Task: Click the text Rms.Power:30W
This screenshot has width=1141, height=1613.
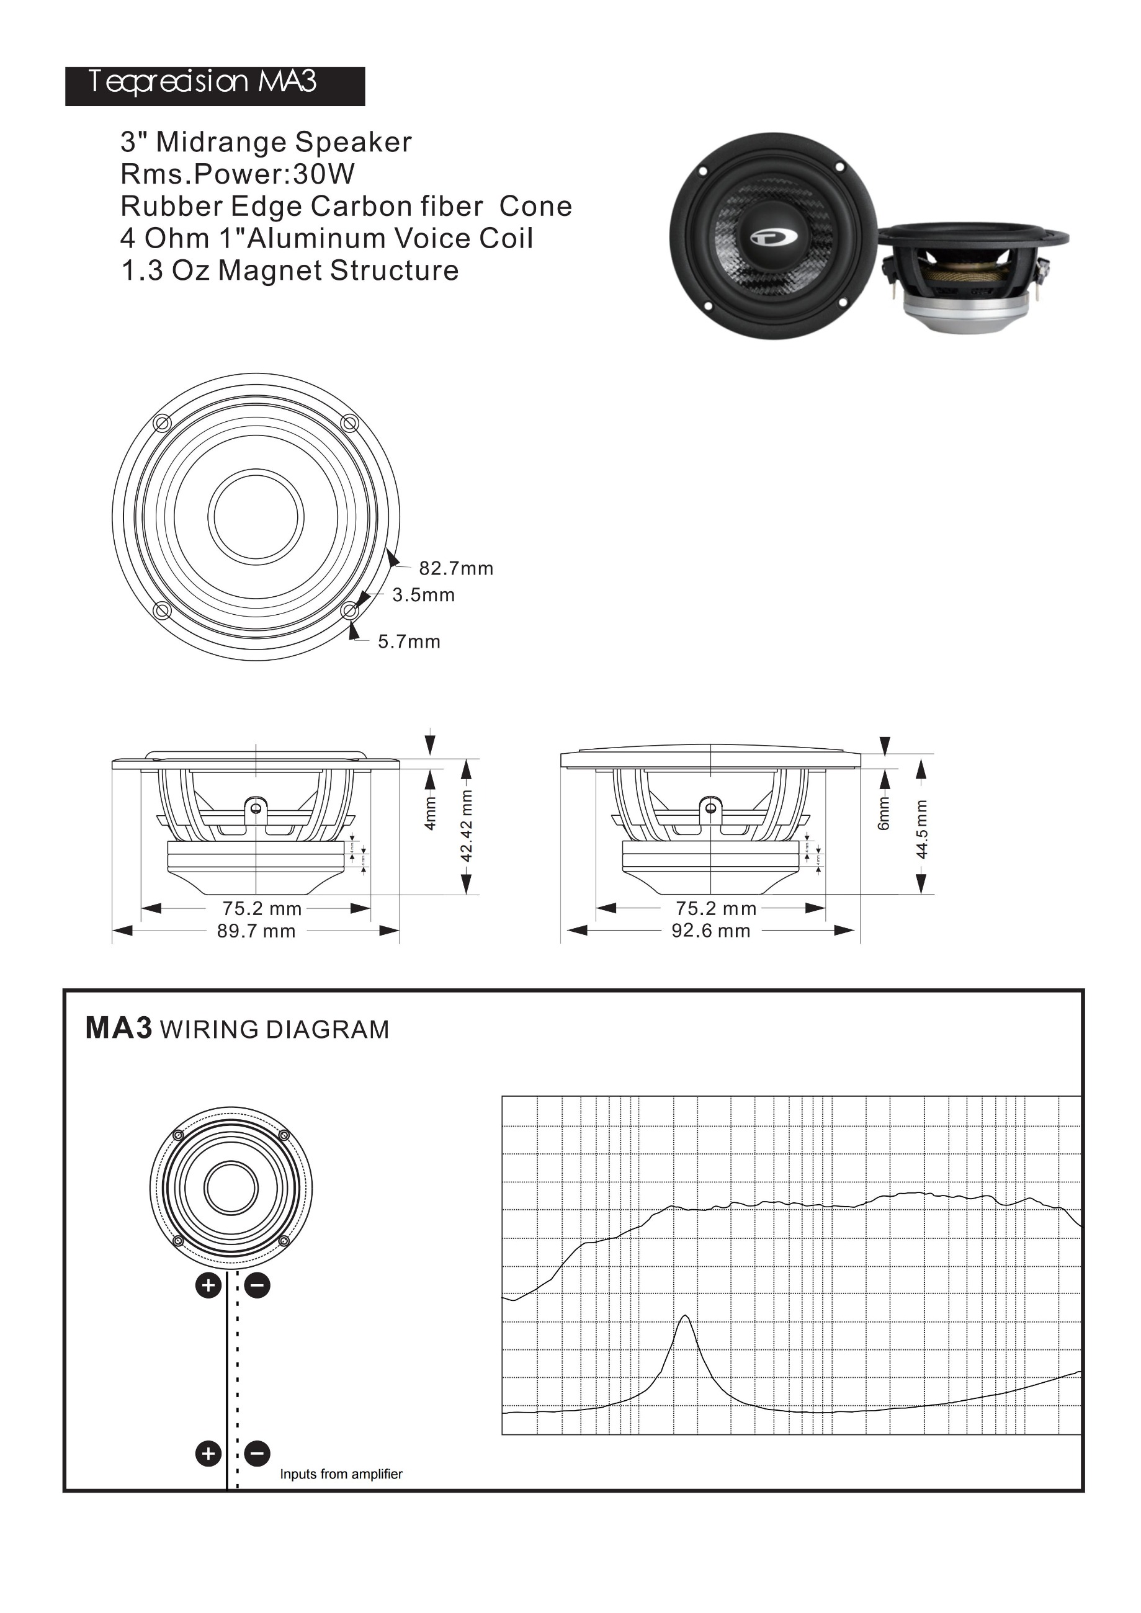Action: coord(238,174)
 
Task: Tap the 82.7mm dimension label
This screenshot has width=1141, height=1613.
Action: coord(456,568)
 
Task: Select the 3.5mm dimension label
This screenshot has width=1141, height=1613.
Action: coord(423,595)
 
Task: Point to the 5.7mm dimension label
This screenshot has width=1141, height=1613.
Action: coord(409,641)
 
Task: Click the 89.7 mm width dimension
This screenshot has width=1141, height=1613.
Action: coord(256,932)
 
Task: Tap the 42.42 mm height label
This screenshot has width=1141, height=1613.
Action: coord(467,826)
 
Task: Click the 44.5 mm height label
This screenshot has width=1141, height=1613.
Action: coord(922,828)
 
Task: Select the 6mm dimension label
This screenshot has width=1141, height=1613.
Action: coord(884,813)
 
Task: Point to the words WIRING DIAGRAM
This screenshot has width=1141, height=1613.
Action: coord(274,1030)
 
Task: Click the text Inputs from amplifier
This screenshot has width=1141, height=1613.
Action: coord(341,1474)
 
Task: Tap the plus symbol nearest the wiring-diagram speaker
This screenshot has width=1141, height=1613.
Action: coord(208,1285)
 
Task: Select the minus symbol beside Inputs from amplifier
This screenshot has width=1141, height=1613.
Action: coord(258,1453)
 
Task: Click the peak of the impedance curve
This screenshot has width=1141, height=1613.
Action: coord(685,1316)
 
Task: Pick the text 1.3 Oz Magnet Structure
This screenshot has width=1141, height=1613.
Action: coord(290,270)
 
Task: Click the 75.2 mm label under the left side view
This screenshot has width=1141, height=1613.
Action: coord(262,909)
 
